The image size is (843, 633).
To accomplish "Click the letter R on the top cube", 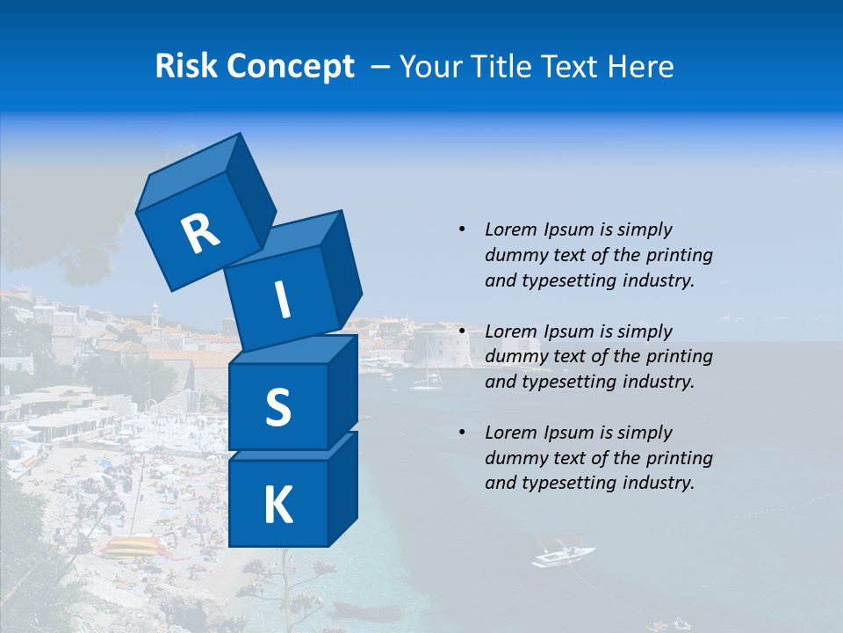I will pos(200,232).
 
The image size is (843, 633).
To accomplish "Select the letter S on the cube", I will pos(277,407).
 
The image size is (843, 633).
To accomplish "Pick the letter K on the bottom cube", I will pos(277,506).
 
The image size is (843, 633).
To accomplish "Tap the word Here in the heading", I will pos(640,66).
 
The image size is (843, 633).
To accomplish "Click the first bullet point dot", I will pos(462,229).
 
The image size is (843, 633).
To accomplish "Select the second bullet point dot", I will pos(462,331).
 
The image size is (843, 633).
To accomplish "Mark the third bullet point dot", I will pos(462,433).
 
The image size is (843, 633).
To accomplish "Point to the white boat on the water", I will pos(562,556).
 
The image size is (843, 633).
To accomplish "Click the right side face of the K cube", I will pos(342,488).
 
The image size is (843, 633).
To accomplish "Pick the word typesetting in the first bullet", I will pos(570,280).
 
